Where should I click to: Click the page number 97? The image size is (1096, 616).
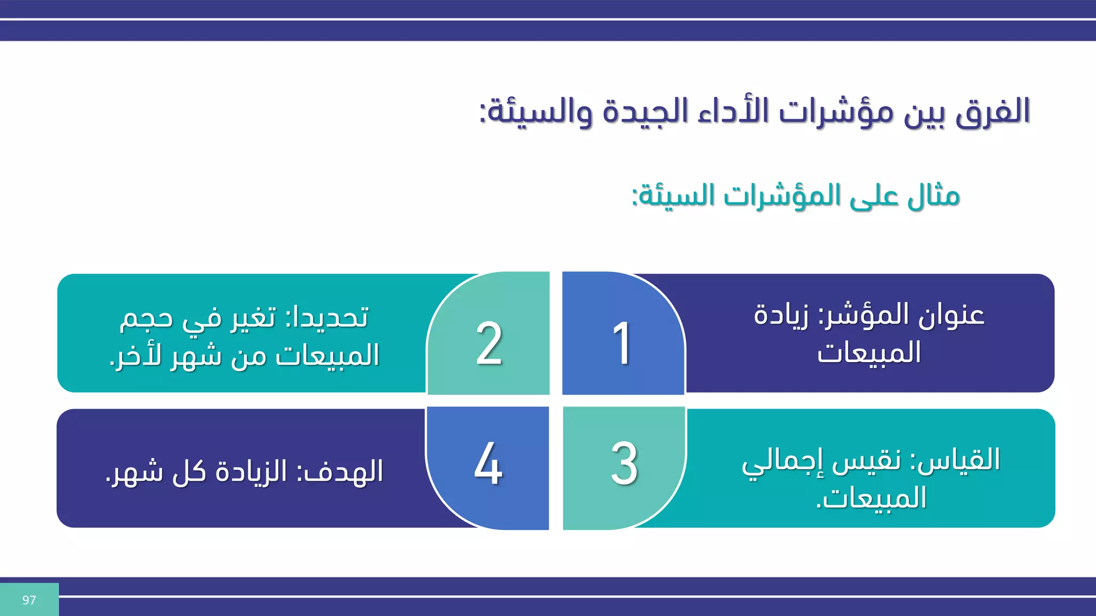click(29, 600)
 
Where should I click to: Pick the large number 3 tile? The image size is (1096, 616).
click(624, 464)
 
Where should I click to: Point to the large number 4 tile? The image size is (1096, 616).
click(488, 464)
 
